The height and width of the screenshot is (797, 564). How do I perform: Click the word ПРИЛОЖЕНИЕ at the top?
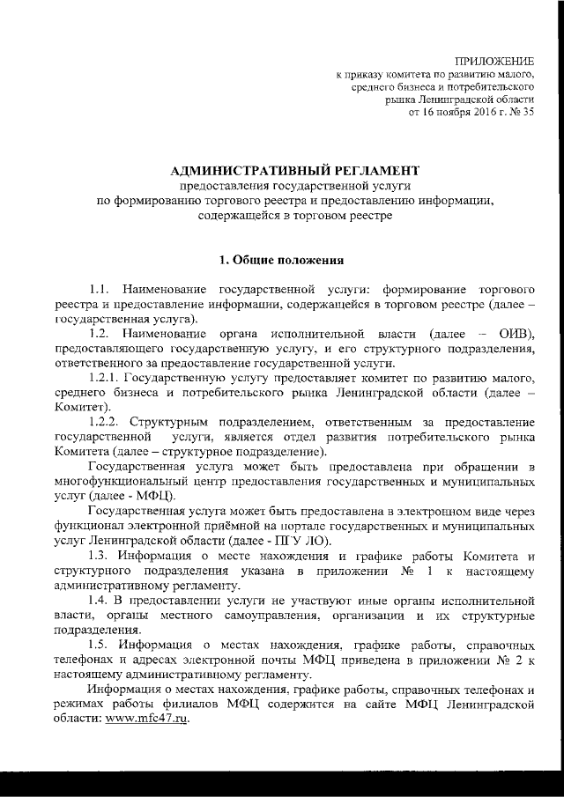coord(493,60)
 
